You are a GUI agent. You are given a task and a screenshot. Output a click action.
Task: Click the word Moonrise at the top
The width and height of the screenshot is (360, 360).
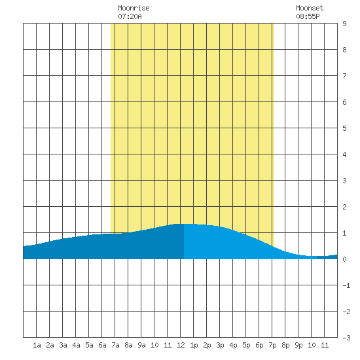click(x=134, y=8)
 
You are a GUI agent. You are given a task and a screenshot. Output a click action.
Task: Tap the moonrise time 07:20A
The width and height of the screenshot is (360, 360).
click(x=130, y=16)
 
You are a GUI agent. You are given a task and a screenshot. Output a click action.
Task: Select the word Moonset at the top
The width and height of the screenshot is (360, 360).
click(x=310, y=8)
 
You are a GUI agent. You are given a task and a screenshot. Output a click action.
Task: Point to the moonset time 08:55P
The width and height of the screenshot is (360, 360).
click(x=308, y=16)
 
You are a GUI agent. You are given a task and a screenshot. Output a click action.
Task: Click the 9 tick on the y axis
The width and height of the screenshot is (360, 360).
click(x=344, y=24)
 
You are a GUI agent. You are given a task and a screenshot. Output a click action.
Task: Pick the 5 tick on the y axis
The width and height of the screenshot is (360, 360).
click(x=344, y=128)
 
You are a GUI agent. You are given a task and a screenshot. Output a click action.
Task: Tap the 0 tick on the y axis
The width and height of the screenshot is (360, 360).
click(x=344, y=259)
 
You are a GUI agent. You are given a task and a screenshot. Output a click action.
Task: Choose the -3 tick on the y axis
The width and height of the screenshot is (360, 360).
click(x=346, y=338)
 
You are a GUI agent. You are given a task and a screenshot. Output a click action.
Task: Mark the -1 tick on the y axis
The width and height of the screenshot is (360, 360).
click(x=346, y=285)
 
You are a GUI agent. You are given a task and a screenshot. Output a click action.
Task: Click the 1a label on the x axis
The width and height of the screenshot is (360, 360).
click(x=37, y=345)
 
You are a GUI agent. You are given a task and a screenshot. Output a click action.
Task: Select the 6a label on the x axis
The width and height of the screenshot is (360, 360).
click(x=102, y=345)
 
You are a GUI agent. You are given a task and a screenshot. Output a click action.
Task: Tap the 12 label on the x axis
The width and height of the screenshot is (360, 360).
click(x=181, y=345)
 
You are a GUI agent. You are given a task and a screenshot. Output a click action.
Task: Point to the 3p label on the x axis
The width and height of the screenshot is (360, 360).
click(x=220, y=345)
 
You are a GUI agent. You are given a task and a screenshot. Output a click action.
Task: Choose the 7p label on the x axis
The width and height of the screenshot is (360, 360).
click(x=272, y=345)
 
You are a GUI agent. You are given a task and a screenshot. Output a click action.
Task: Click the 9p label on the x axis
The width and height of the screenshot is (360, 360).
click(x=298, y=345)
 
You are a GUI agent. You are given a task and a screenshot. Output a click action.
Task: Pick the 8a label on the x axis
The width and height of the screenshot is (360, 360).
click(x=128, y=345)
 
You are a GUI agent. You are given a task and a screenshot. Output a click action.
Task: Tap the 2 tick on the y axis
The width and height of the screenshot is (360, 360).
click(x=344, y=207)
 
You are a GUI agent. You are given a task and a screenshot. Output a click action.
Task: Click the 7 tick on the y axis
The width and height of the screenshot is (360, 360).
click(x=344, y=76)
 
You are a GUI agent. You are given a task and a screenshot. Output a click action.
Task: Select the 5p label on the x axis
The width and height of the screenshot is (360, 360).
click(x=246, y=345)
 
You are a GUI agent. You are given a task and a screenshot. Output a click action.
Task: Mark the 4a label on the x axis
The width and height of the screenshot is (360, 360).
click(x=76, y=345)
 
